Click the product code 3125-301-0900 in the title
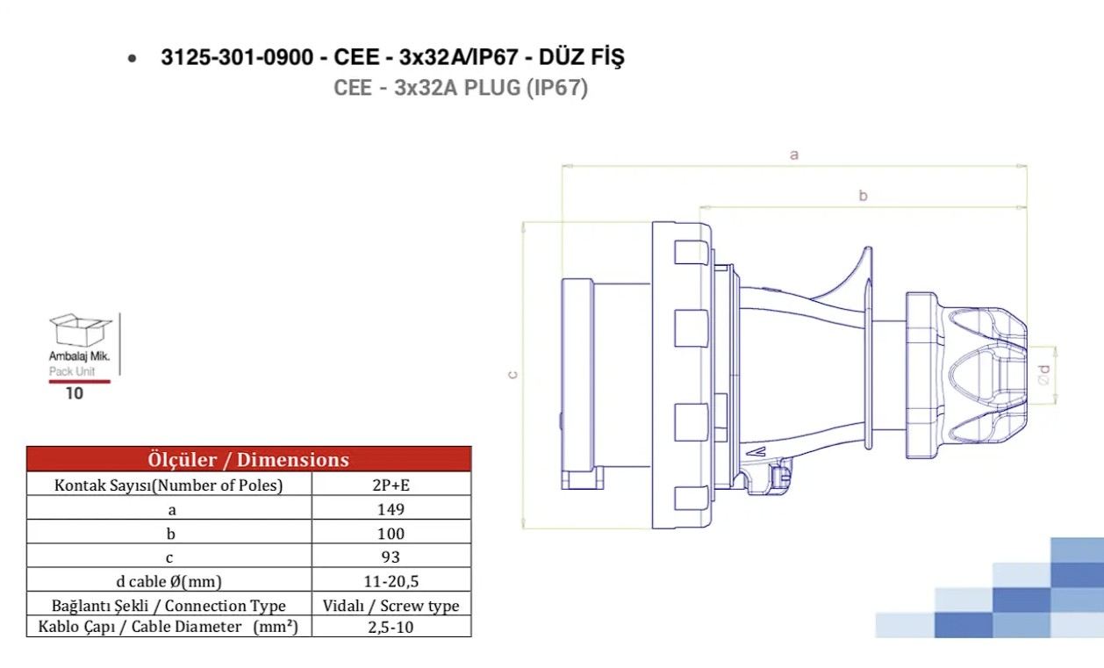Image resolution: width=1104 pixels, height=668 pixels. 237,57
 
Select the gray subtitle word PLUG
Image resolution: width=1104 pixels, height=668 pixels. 492,88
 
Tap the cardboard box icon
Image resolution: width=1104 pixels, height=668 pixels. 81,330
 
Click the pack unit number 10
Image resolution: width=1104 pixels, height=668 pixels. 75,393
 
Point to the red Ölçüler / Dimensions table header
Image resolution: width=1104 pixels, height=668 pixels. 249,459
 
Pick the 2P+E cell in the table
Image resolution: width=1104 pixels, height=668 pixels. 391,485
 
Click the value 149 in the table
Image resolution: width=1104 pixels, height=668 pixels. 391,509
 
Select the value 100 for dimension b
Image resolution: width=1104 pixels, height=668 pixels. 391,533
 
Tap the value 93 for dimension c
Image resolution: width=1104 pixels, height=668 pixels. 391,557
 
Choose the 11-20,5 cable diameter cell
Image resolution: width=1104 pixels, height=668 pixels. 391,581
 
